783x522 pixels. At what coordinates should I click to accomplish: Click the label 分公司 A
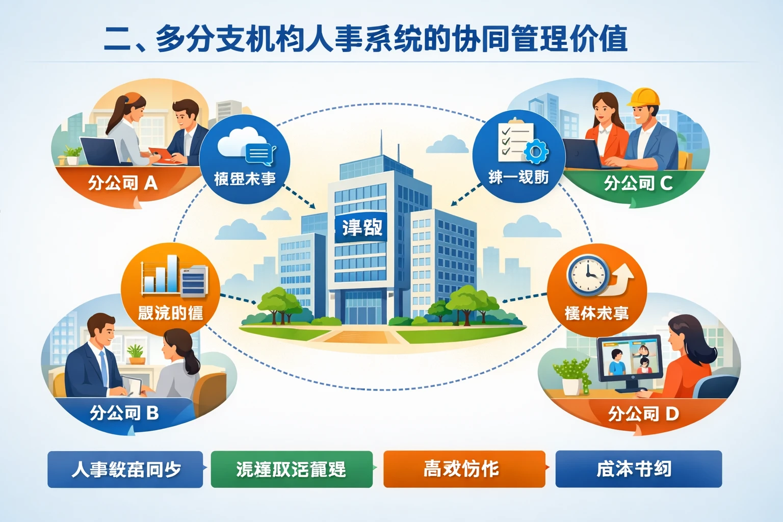pyautogui.click(x=122, y=182)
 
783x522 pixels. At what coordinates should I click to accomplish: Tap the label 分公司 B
pyautogui.click(x=124, y=412)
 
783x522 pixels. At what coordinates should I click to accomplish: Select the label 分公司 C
pyautogui.click(x=638, y=183)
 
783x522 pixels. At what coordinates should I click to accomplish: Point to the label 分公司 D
pyautogui.click(x=643, y=413)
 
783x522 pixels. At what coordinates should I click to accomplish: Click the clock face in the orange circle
pyautogui.click(x=588, y=275)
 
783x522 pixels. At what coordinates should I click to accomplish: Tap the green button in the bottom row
pyautogui.click(x=292, y=469)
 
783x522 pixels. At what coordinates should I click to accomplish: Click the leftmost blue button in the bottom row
pyautogui.click(x=125, y=469)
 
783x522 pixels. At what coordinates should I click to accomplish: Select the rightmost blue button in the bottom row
pyautogui.click(x=638, y=468)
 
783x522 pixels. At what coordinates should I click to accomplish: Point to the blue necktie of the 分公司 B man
pyautogui.click(x=104, y=367)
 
